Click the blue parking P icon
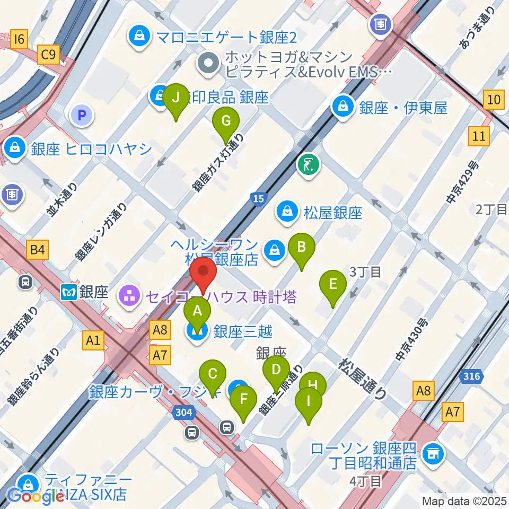click(82, 114)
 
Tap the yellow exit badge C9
click(49, 54)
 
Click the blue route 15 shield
click(257, 198)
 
